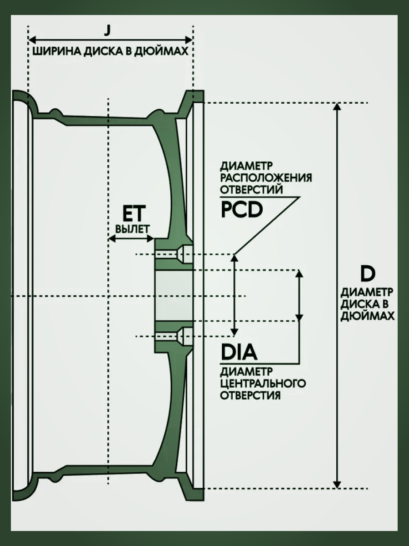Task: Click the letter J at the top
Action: (x=107, y=30)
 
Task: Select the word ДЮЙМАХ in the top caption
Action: (x=165, y=51)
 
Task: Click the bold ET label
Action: (x=135, y=213)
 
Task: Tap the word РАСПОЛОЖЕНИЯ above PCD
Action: (x=265, y=177)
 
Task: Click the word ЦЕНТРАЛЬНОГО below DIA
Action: (x=262, y=383)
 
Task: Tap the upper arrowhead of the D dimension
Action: (x=337, y=107)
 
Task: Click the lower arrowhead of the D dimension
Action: (x=337, y=483)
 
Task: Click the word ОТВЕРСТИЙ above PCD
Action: (x=251, y=189)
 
